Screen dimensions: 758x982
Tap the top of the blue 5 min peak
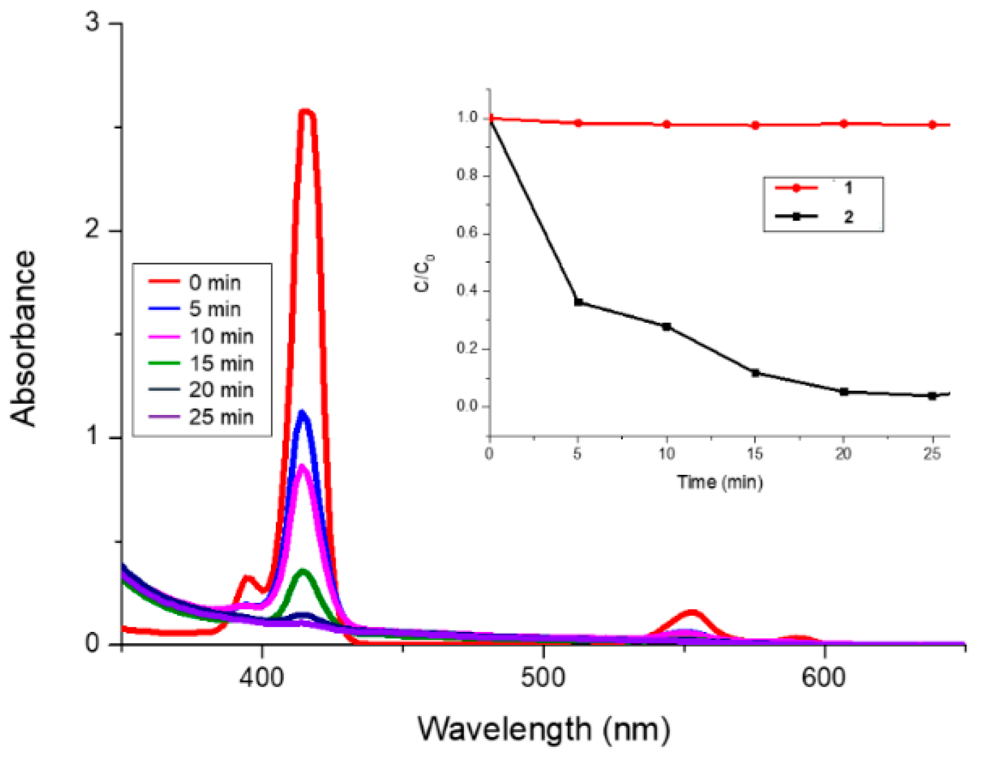point(302,412)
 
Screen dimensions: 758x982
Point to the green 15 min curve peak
point(303,571)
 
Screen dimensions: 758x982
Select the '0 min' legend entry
point(214,283)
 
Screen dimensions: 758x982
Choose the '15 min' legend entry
point(221,363)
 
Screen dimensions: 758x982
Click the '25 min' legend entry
point(221,417)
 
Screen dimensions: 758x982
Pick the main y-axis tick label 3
point(92,23)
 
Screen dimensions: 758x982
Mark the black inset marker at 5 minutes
point(578,302)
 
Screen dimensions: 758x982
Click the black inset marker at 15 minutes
point(755,373)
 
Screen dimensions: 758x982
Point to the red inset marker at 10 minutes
point(667,124)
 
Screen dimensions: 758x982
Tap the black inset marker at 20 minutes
point(844,391)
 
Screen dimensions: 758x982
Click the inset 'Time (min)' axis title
point(719,482)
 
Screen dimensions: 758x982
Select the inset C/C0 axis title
point(425,272)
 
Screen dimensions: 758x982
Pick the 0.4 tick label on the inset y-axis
point(468,291)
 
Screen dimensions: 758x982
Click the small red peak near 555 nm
point(692,613)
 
